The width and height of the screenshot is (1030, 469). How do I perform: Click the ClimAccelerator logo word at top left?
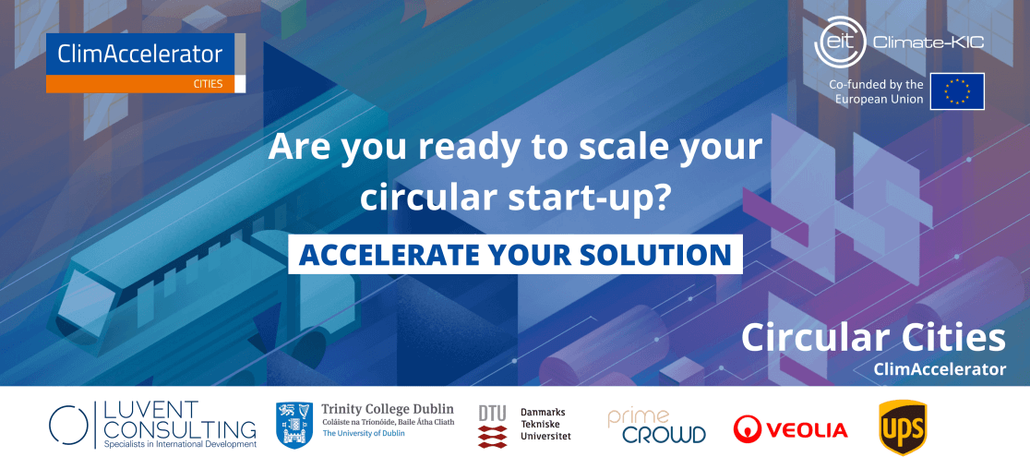point(140,54)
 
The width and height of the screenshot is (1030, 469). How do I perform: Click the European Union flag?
point(957,91)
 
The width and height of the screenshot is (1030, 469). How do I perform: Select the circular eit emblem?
point(840,42)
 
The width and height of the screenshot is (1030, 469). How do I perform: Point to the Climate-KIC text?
point(928,43)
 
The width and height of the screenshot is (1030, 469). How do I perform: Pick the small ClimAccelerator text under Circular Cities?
point(940,370)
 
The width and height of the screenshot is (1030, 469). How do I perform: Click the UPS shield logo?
point(903,427)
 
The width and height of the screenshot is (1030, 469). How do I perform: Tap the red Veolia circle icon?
point(747,429)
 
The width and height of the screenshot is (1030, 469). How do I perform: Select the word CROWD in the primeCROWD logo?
point(664,434)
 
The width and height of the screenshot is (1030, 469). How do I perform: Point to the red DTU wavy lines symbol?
point(492,436)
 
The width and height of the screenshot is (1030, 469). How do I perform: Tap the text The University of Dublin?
point(364,434)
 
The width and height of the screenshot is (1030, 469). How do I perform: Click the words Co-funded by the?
point(876,85)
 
